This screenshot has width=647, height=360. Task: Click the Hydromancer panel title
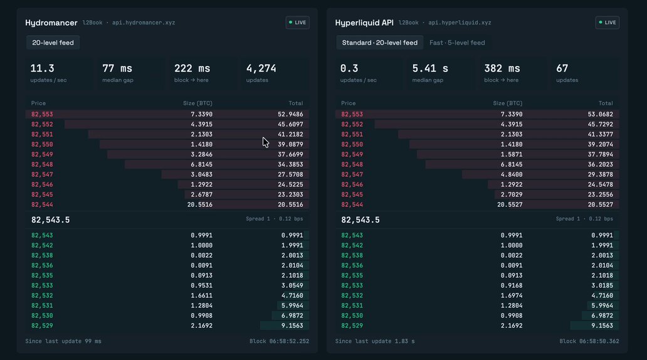coord(51,23)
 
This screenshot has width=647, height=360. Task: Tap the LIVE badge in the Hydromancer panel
coord(298,23)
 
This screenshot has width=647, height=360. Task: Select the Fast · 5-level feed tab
coord(457,43)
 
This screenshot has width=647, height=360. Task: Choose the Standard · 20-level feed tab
coord(380,43)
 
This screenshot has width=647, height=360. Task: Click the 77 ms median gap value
coord(117,68)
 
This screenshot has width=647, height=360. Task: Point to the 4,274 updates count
coord(261,68)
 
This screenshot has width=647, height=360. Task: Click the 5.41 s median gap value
coord(430,68)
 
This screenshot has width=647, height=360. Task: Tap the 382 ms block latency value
coord(502,68)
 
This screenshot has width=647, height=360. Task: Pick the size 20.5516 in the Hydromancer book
coord(200,204)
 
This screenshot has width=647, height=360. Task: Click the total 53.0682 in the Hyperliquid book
coord(601,114)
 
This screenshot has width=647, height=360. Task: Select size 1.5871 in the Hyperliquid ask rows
coord(511,154)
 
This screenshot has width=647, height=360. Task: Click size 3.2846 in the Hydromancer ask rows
coord(201,154)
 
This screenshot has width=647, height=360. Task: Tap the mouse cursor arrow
coord(265,142)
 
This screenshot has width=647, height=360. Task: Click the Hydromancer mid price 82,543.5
coord(50,220)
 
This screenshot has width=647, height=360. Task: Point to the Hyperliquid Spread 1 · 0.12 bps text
coord(584,219)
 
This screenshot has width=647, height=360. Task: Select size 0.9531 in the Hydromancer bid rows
coord(201,285)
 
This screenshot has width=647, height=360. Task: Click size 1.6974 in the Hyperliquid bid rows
coord(511,295)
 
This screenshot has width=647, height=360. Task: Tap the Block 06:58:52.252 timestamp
coord(280,341)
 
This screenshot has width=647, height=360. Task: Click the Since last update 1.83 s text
coord(375,341)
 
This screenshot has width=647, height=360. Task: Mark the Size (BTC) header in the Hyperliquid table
coord(508,103)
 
